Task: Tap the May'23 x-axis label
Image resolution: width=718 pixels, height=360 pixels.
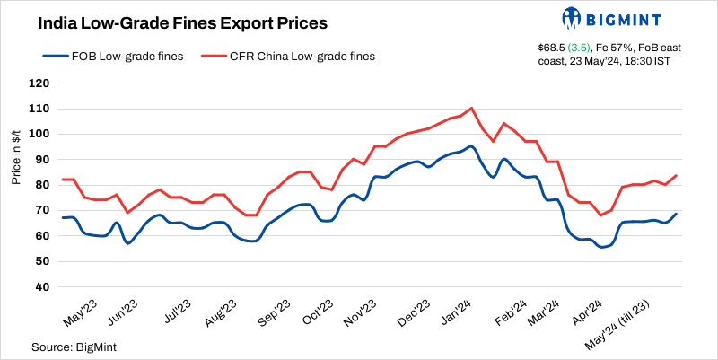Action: coord(78,314)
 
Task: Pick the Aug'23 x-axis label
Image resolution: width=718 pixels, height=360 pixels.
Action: coord(220,314)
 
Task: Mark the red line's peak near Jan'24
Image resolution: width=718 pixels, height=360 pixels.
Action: coord(472,109)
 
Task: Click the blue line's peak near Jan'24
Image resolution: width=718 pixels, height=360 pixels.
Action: coord(471,146)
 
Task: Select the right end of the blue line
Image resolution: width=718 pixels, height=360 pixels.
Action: coord(675,215)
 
